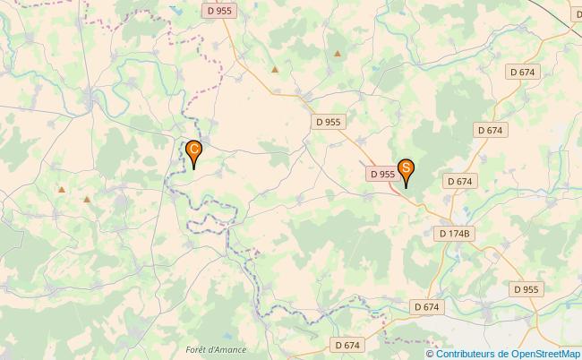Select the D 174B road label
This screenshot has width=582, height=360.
tap(456, 233)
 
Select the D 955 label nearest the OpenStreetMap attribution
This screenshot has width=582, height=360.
tap(526, 289)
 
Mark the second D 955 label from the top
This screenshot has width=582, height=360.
tap(328, 121)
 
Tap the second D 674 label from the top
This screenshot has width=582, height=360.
tap(490, 130)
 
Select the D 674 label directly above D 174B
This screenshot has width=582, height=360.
tap(458, 181)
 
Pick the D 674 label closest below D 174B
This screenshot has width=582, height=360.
tap(427, 306)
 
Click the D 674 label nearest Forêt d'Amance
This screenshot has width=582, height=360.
tap(347, 344)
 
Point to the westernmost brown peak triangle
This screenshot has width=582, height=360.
tap(61, 189)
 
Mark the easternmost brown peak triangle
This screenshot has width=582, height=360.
tap(338, 54)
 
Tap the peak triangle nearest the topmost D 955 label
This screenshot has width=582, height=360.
tap(275, 68)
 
